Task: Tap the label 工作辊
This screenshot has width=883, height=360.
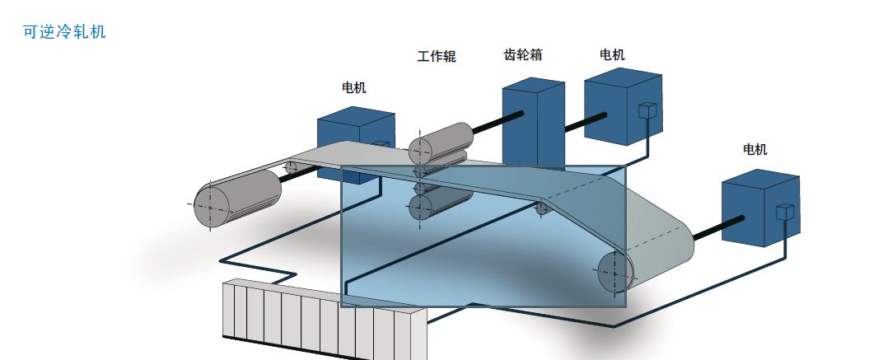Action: (x=436, y=57)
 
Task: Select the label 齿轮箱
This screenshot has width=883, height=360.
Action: (x=522, y=56)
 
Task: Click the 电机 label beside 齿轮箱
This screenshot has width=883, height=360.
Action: (x=612, y=55)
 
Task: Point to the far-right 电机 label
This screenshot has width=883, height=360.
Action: (x=755, y=149)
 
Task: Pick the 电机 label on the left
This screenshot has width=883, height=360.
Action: (x=354, y=87)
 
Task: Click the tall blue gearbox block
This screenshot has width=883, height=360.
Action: (x=532, y=124)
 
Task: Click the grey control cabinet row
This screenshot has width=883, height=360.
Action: (x=321, y=318)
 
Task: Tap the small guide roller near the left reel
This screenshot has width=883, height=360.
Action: (x=291, y=168)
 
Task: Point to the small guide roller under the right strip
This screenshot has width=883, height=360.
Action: (x=542, y=208)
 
